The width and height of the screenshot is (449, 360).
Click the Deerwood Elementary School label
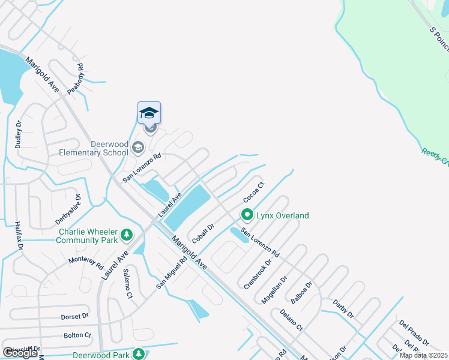[x=93, y=148]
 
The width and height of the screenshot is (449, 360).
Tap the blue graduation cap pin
[x=149, y=113]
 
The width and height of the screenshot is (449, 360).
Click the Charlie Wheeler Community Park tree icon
[x=126, y=235]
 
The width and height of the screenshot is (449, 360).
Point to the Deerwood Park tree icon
[x=139, y=355]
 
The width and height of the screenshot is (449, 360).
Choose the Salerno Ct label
[x=127, y=283]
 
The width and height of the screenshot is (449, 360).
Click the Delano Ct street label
[x=291, y=320]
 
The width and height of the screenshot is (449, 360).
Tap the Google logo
[x=20, y=353]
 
